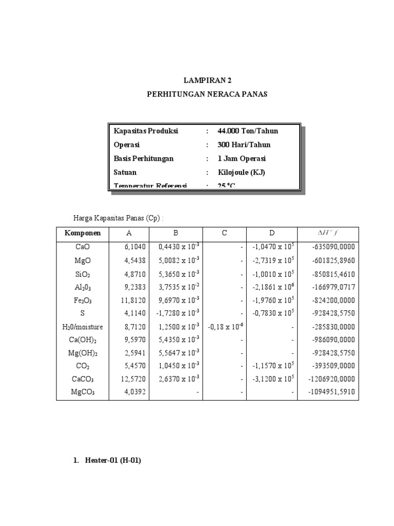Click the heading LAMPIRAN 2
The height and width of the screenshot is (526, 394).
coord(204,81)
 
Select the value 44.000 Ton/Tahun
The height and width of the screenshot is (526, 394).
coord(248,131)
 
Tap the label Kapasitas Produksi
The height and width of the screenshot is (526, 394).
coord(146,131)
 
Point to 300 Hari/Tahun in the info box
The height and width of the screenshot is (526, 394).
coord(244,145)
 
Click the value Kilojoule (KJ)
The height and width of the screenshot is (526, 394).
coord(241,173)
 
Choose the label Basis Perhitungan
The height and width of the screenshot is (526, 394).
coord(144,159)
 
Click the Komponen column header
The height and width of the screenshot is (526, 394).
coord(83,233)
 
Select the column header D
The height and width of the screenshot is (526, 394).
coord(272,233)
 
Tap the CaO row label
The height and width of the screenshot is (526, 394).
coord(83,247)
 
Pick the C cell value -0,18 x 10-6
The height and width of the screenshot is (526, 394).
coord(225,326)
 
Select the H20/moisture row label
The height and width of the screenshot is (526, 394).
coord(83,326)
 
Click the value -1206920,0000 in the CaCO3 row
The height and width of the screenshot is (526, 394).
coord(332,379)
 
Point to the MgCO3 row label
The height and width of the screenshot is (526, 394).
coord(83,392)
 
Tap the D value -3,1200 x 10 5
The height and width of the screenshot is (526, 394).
coord(273,379)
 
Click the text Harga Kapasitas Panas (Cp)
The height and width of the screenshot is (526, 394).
coord(119,218)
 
